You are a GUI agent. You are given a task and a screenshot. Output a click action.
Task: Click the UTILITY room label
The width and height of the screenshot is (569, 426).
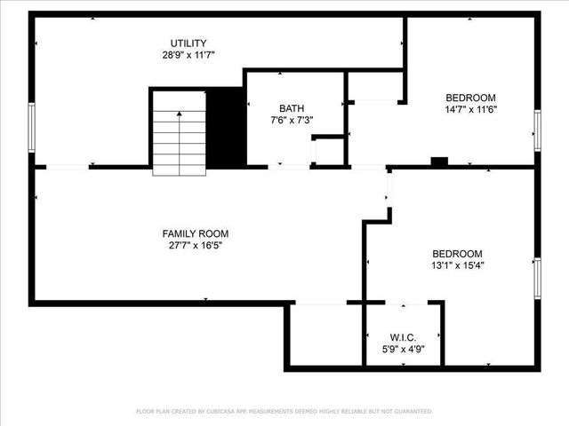pyautogui.click(x=188, y=43)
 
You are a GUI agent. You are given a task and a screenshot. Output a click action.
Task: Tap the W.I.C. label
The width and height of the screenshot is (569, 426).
pyautogui.click(x=403, y=337)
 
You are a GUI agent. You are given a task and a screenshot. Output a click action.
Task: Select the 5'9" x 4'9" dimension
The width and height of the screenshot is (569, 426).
pyautogui.click(x=403, y=349)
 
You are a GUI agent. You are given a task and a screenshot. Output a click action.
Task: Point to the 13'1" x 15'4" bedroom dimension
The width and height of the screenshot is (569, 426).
pyautogui.click(x=457, y=264)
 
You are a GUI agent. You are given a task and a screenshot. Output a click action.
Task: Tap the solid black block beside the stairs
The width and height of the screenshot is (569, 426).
pyautogui.click(x=226, y=126)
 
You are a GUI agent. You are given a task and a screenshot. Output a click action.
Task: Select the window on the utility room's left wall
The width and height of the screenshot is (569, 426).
pyautogui.click(x=32, y=128)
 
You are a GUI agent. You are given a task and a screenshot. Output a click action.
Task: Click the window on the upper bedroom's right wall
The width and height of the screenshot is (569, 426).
pyautogui.click(x=537, y=130)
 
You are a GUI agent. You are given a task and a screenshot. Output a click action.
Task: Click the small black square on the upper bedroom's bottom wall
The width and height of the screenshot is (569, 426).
pyautogui.click(x=438, y=162)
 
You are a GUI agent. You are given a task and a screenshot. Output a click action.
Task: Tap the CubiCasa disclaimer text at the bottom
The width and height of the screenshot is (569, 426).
pyautogui.click(x=284, y=412)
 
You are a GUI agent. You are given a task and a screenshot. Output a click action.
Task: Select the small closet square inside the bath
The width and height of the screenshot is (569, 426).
pyautogui.click(x=329, y=152)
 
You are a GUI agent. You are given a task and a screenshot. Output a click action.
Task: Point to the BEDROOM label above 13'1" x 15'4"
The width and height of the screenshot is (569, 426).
pyautogui.click(x=457, y=253)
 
